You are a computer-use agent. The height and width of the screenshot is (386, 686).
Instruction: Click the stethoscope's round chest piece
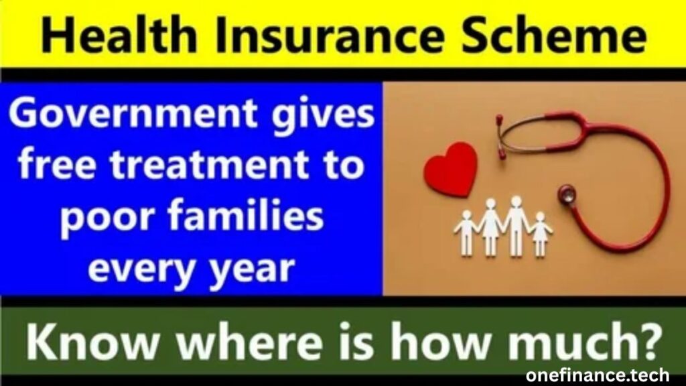tap(568, 194)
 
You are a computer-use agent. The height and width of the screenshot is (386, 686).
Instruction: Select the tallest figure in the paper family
tap(515, 224)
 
